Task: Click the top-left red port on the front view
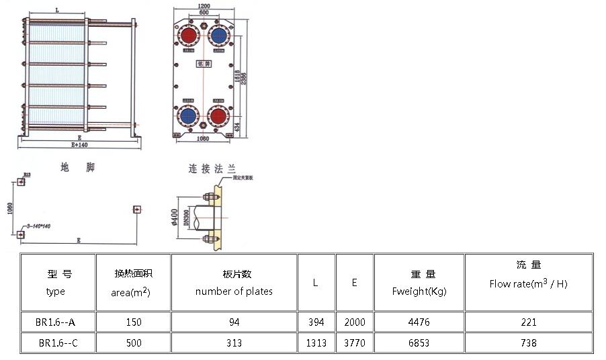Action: click(x=188, y=35)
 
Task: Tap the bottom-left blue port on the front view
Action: click(x=188, y=116)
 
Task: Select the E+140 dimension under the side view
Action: click(x=79, y=145)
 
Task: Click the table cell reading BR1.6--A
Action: click(x=57, y=322)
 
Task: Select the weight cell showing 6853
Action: click(x=419, y=343)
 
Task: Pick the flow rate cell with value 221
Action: click(x=528, y=322)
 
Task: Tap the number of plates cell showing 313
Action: click(x=234, y=343)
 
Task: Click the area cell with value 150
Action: click(x=134, y=322)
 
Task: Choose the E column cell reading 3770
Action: click(x=354, y=343)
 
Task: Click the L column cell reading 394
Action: click(x=316, y=322)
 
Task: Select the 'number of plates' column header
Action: click(x=234, y=291)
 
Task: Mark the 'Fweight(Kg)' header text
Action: click(x=419, y=291)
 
